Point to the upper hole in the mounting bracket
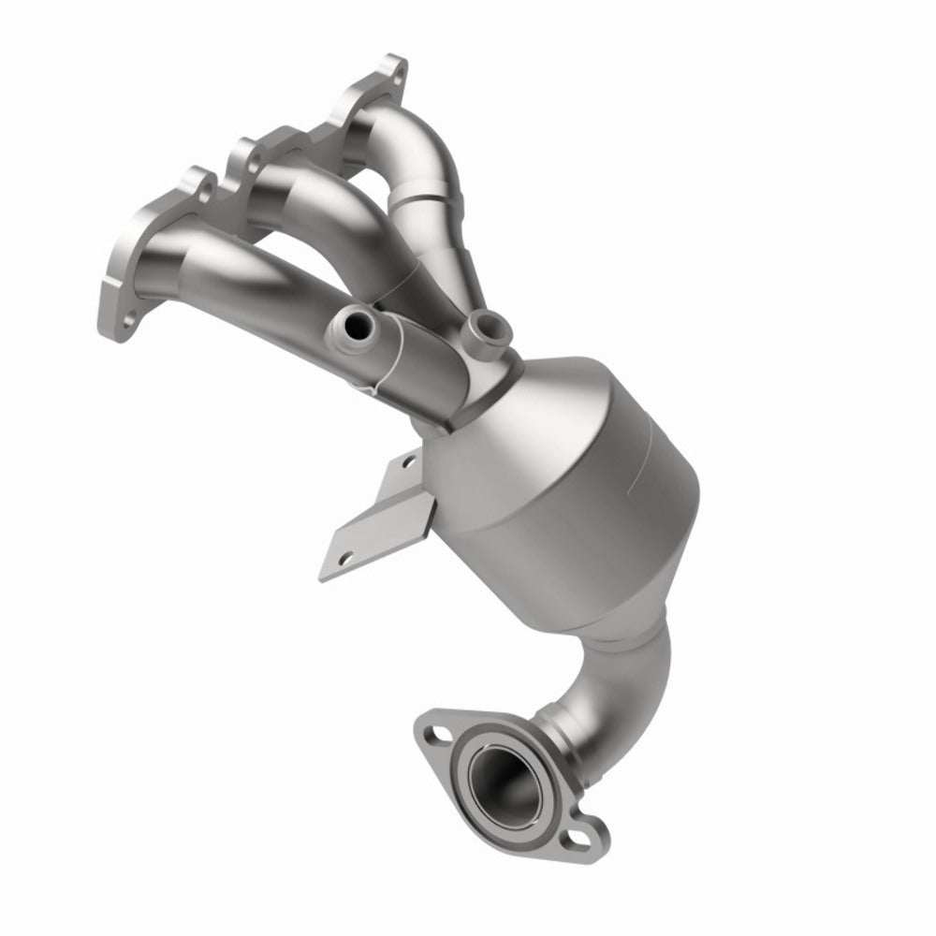point(407,461)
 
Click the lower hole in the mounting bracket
point(344,559)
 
